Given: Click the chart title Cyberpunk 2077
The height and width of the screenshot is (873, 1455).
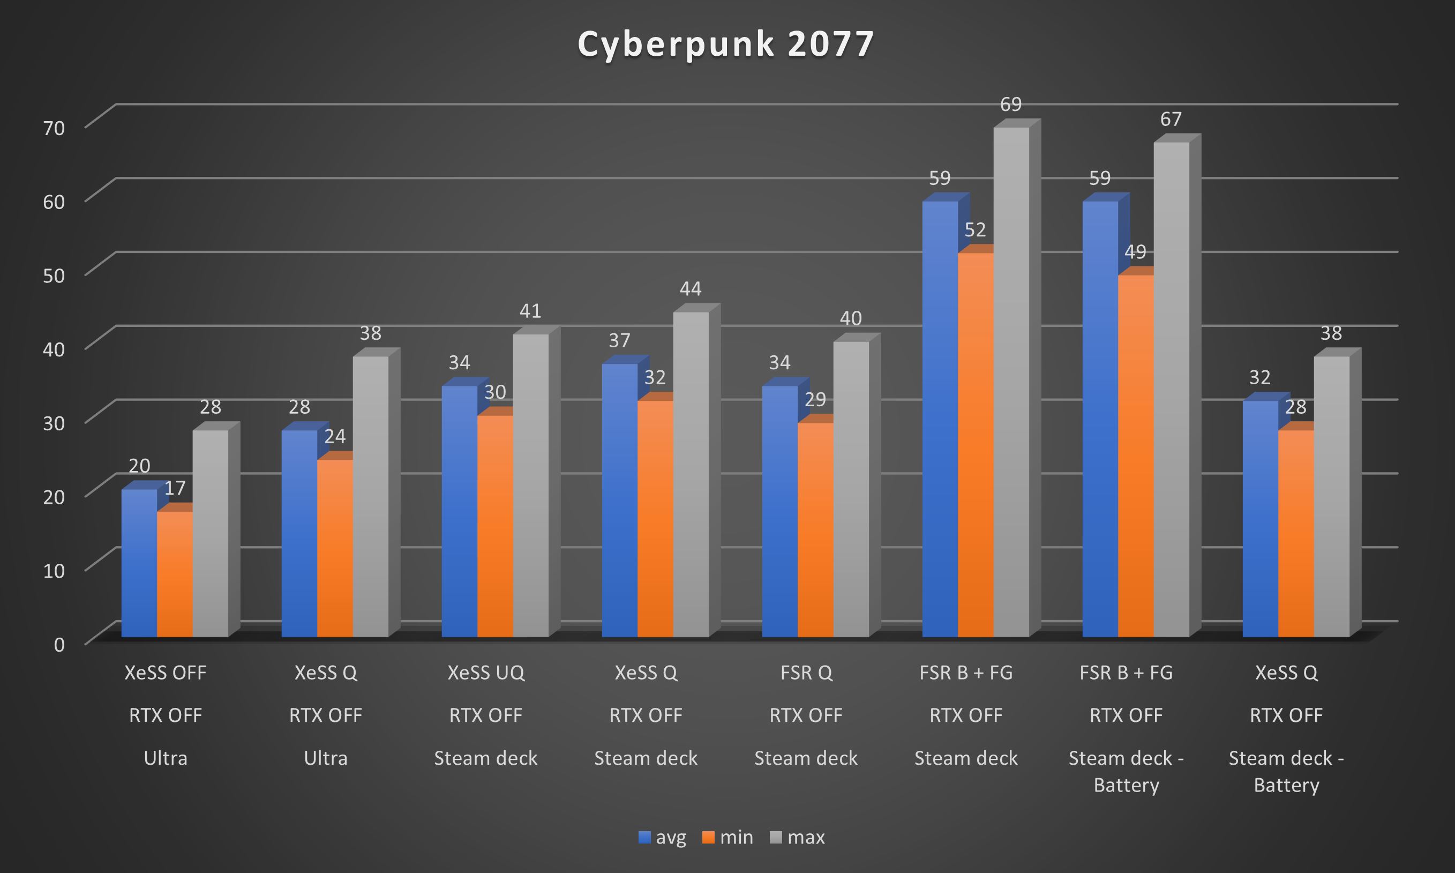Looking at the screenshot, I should pos(726,44).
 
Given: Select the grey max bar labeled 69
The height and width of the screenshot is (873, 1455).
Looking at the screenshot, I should pos(1011,383).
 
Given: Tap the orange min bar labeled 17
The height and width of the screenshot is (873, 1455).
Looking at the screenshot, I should pos(175,573).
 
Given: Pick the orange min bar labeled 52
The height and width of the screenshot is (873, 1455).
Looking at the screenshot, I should pos(976,445).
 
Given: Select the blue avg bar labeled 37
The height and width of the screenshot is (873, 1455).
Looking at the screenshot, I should pos(620,500).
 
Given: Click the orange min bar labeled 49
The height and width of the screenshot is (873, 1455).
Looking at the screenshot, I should pos(1135,456).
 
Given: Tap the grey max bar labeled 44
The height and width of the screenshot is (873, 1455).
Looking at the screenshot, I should pos(691,474).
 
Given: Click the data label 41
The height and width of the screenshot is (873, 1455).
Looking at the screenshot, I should pos(530,311).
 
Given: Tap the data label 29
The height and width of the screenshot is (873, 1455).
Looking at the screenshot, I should pos(815,399).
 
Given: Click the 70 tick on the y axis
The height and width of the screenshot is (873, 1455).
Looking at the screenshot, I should pos(54,128).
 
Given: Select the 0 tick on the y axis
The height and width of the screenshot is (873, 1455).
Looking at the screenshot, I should pos(59,645).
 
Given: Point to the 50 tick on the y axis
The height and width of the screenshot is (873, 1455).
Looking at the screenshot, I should pos(54,275).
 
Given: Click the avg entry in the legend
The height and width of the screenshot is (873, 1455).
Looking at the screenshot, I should pos(663,837).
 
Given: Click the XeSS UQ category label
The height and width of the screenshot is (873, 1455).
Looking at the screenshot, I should pos(485,673).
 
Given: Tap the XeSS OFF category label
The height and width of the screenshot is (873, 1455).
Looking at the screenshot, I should pos(165,673).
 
